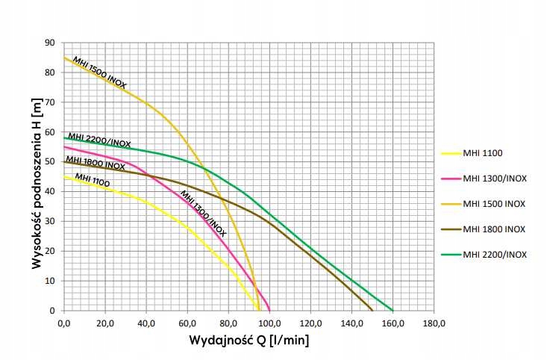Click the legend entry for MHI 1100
[x=483, y=153]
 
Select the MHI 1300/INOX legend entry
[x=494, y=179]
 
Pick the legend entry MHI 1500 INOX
[x=494, y=204]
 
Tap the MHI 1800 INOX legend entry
[x=494, y=229]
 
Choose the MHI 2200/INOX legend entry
[x=495, y=254]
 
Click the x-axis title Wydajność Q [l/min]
[x=249, y=341]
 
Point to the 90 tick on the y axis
[x=50, y=43]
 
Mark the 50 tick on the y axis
[x=50, y=161]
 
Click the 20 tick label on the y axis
[x=50, y=251]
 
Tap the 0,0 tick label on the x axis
[x=63, y=324]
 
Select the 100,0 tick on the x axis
[x=269, y=324]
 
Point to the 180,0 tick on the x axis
[x=434, y=324]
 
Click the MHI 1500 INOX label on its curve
[x=99, y=72]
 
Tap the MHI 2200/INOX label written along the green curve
[x=99, y=140]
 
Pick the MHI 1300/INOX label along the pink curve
[x=202, y=214]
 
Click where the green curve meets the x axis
[x=393, y=310]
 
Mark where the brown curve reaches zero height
[x=372, y=310]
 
